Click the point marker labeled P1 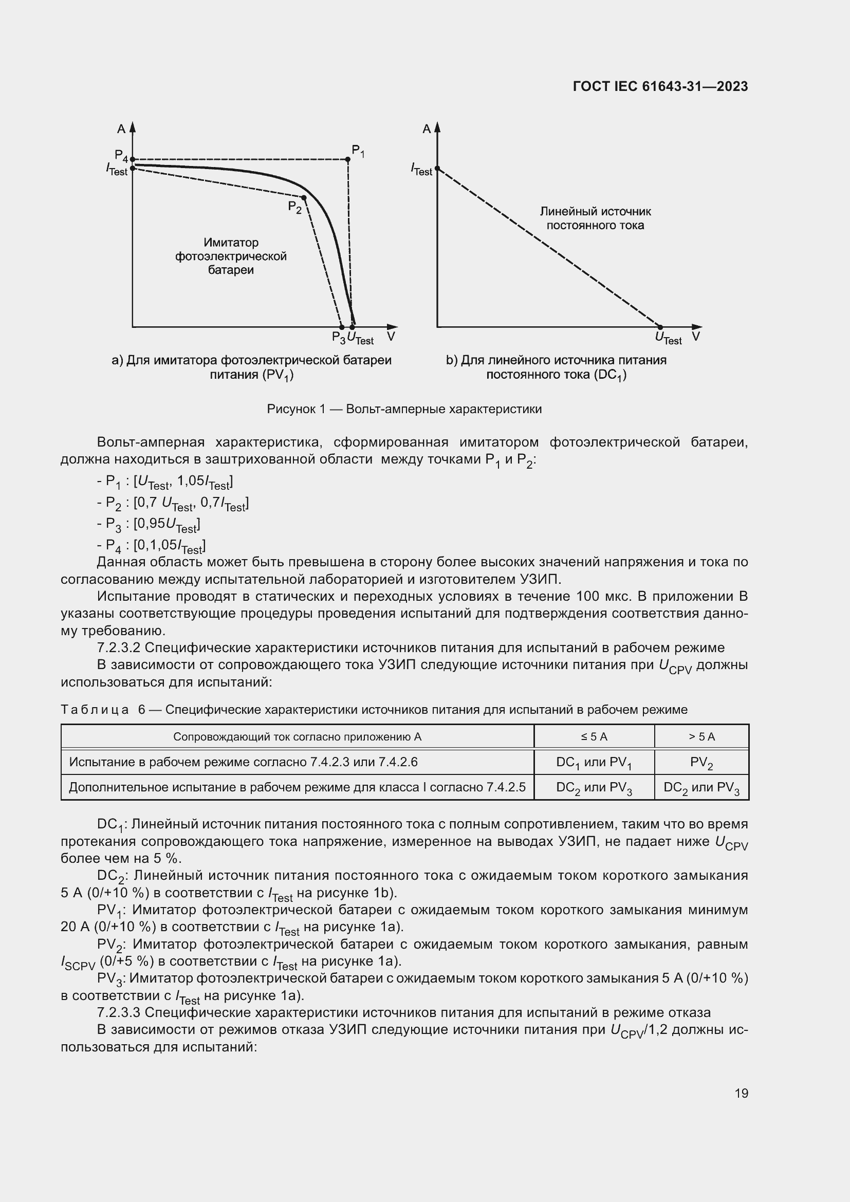tap(347, 159)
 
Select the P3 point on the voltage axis tap(342, 327)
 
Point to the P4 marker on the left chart tap(133, 159)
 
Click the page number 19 tap(741, 1093)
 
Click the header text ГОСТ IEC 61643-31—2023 tap(660, 86)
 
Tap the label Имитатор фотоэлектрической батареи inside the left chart tap(231, 256)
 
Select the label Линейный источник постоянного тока tap(595, 218)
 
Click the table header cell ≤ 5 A tap(594, 736)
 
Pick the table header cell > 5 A tap(701, 736)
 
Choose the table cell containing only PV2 tap(701, 762)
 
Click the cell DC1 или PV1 tap(594, 762)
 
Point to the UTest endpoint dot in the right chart tap(660, 327)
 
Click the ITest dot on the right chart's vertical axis tap(437, 168)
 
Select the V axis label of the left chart tap(391, 337)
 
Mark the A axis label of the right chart tap(427, 129)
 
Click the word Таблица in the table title tap(95, 709)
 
